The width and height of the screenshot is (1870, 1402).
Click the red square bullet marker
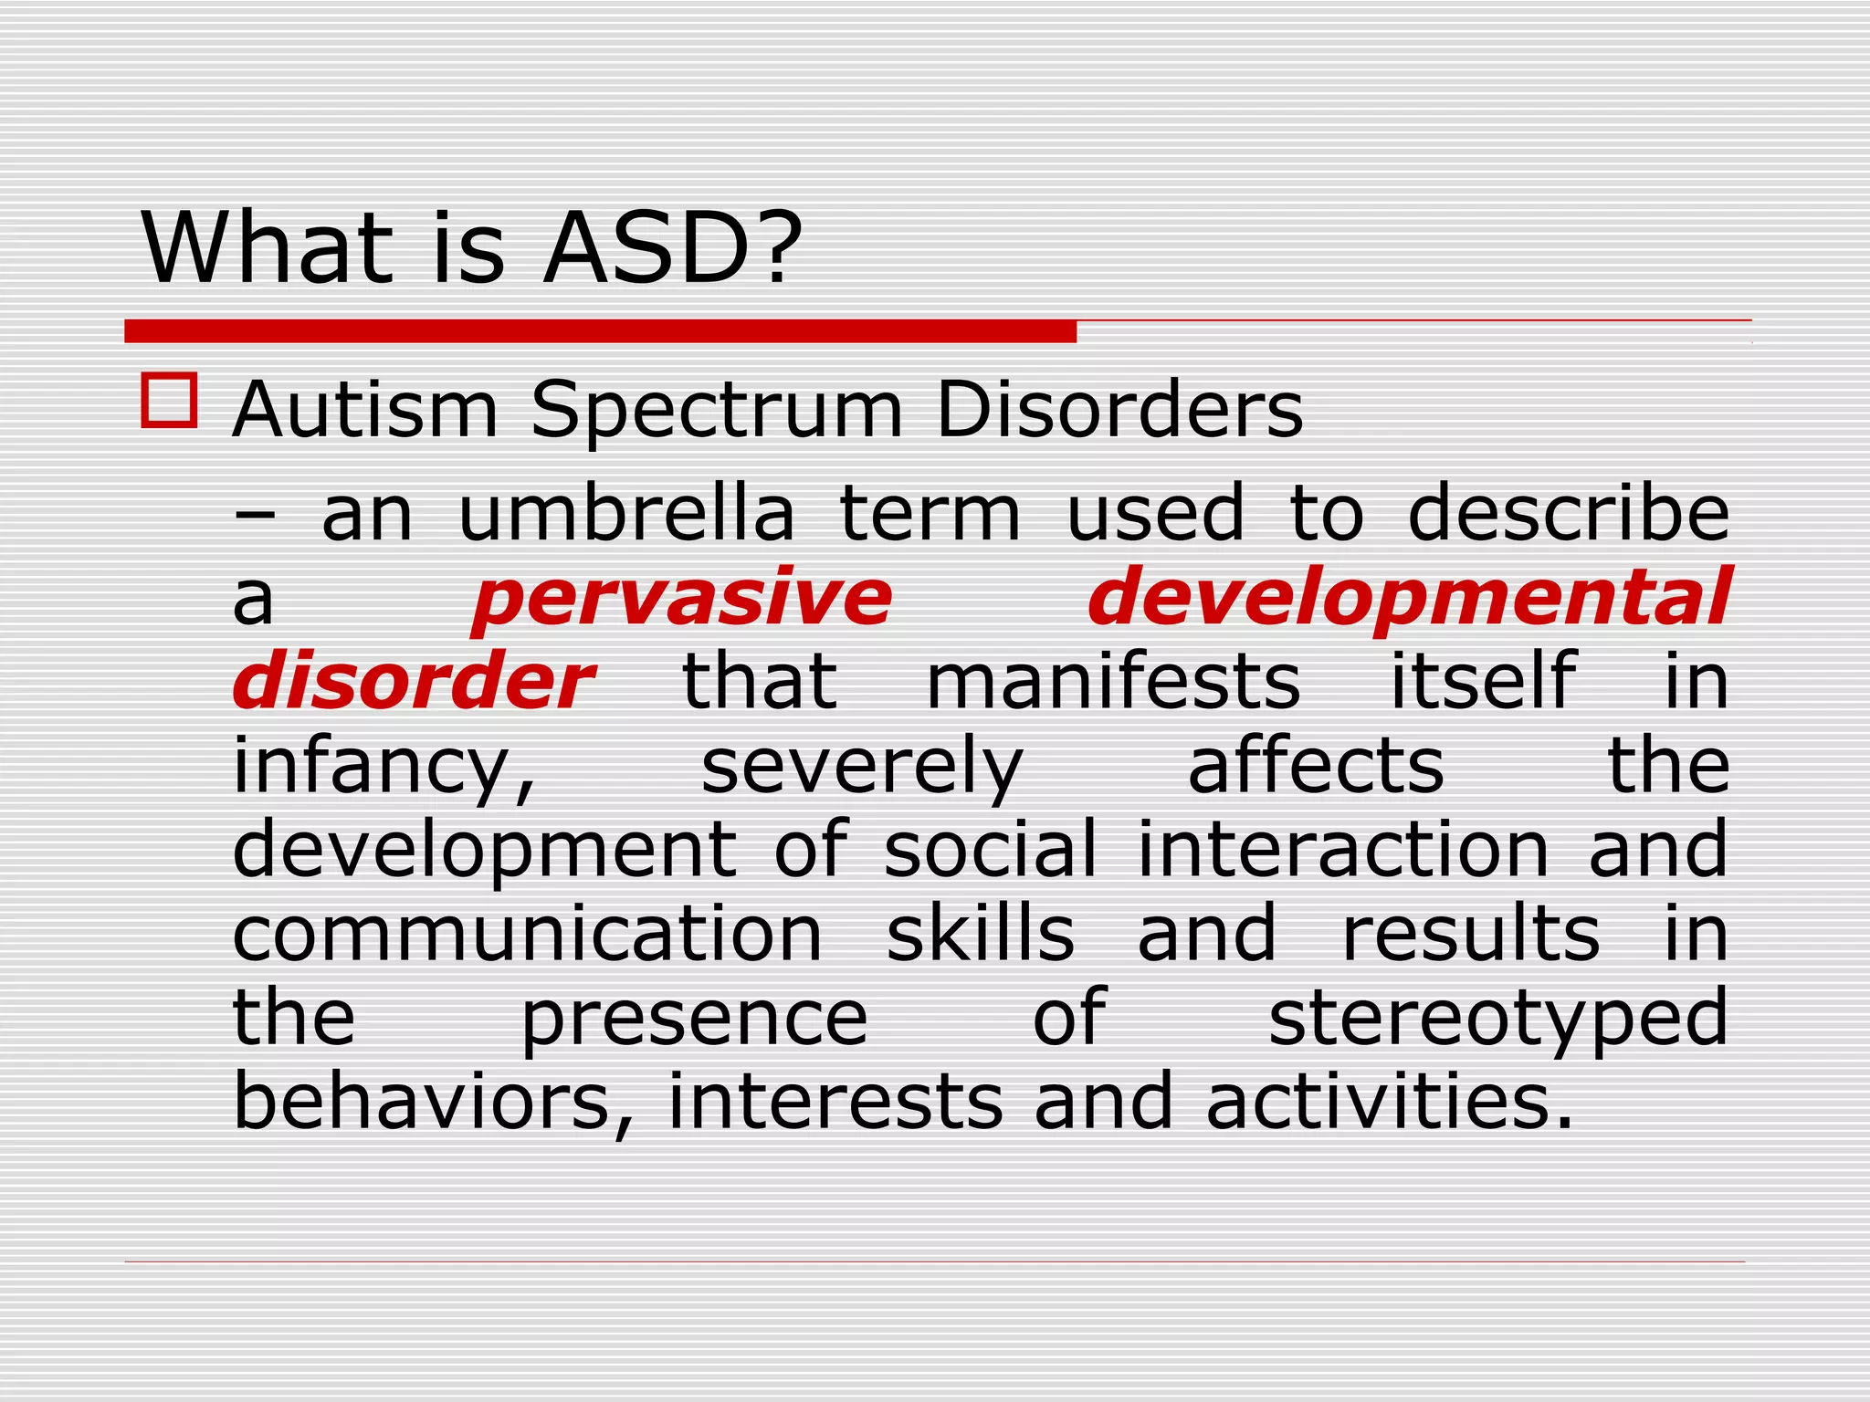[x=169, y=401]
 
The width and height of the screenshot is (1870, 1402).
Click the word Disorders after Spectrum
[x=1119, y=410]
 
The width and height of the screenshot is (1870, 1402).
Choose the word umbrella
[x=625, y=513]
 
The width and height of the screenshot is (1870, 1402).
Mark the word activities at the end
[x=1388, y=1101]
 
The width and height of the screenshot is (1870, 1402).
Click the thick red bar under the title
[x=600, y=331]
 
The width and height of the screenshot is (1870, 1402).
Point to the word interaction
[x=1342, y=849]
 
